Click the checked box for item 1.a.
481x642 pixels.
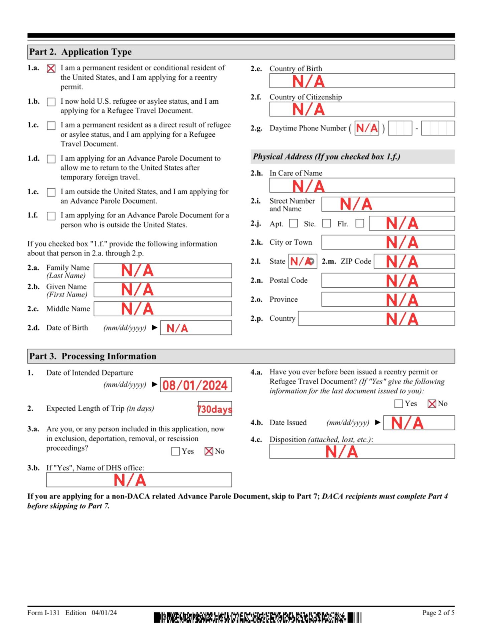[51, 69]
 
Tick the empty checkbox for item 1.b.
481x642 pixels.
[51, 102]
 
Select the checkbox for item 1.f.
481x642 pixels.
[51, 216]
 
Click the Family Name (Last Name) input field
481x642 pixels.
[163, 271]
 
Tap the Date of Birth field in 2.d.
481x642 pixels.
[196, 328]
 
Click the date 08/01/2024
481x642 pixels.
[196, 385]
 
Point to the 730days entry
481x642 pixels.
[215, 409]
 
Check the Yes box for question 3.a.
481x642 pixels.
[175, 451]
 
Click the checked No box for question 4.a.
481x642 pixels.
[432, 404]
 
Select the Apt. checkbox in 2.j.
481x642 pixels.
[293, 223]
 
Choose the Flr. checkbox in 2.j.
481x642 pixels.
[360, 223]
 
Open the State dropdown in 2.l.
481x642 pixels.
[311, 261]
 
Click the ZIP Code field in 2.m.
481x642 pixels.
[414, 261]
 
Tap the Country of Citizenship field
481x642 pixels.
[362, 109]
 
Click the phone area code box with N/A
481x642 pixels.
[367, 128]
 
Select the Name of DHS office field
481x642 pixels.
[139, 480]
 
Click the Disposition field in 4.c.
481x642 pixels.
[362, 451]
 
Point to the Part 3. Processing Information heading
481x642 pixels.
[93, 356]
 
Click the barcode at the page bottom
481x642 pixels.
[257, 617]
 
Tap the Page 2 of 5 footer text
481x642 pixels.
[438, 613]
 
